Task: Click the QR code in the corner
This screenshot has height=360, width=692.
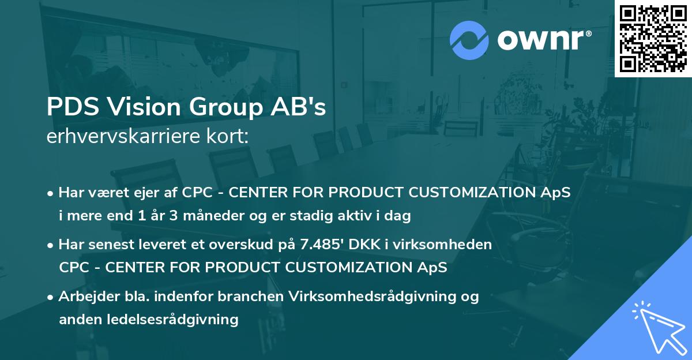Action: [653, 38]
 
